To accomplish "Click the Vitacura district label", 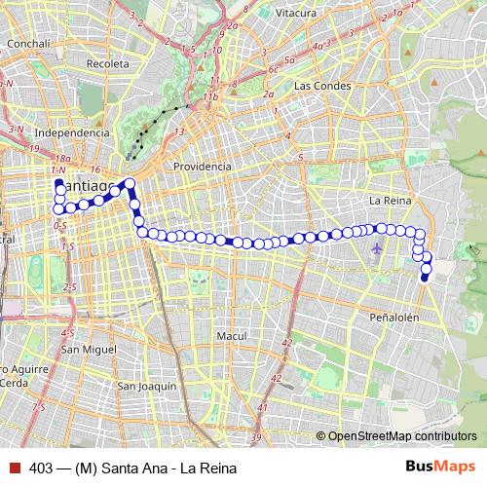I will [295, 13].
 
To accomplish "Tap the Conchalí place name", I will [30, 45].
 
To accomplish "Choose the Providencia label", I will [202, 167].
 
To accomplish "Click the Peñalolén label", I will [394, 318].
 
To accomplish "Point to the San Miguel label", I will [88, 348].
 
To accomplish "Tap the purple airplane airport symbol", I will [378, 249].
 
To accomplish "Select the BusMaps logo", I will [440, 467].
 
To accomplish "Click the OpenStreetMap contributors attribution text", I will [401, 436].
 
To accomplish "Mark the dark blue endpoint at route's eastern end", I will [425, 279].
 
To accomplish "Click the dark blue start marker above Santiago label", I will [58, 183].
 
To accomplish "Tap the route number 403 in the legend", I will [40, 468].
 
